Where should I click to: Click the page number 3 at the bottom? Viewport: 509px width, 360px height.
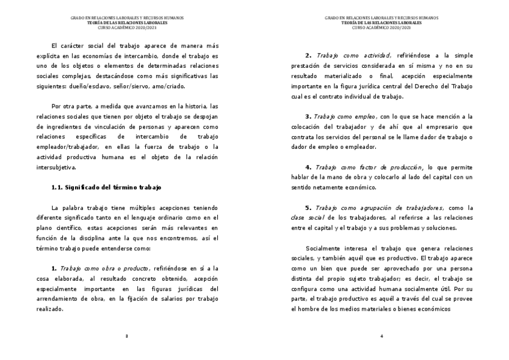point(127,335)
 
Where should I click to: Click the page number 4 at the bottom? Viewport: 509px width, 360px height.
point(382,335)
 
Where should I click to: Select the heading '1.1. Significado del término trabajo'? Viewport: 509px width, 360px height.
point(106,187)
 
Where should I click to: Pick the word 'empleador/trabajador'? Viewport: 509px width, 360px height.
point(67,147)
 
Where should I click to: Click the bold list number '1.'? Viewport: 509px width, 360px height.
point(54,269)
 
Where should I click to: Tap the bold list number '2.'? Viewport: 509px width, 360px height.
point(309,55)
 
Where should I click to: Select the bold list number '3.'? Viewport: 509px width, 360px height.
point(309,116)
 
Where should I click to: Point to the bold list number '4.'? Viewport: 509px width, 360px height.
point(309,167)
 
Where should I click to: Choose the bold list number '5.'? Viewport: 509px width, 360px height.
point(309,208)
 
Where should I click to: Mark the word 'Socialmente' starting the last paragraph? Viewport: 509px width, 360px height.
point(325,248)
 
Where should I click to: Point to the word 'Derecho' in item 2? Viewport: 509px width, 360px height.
point(429,86)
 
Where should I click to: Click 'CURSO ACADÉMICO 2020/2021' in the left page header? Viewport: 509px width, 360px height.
point(127,28)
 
